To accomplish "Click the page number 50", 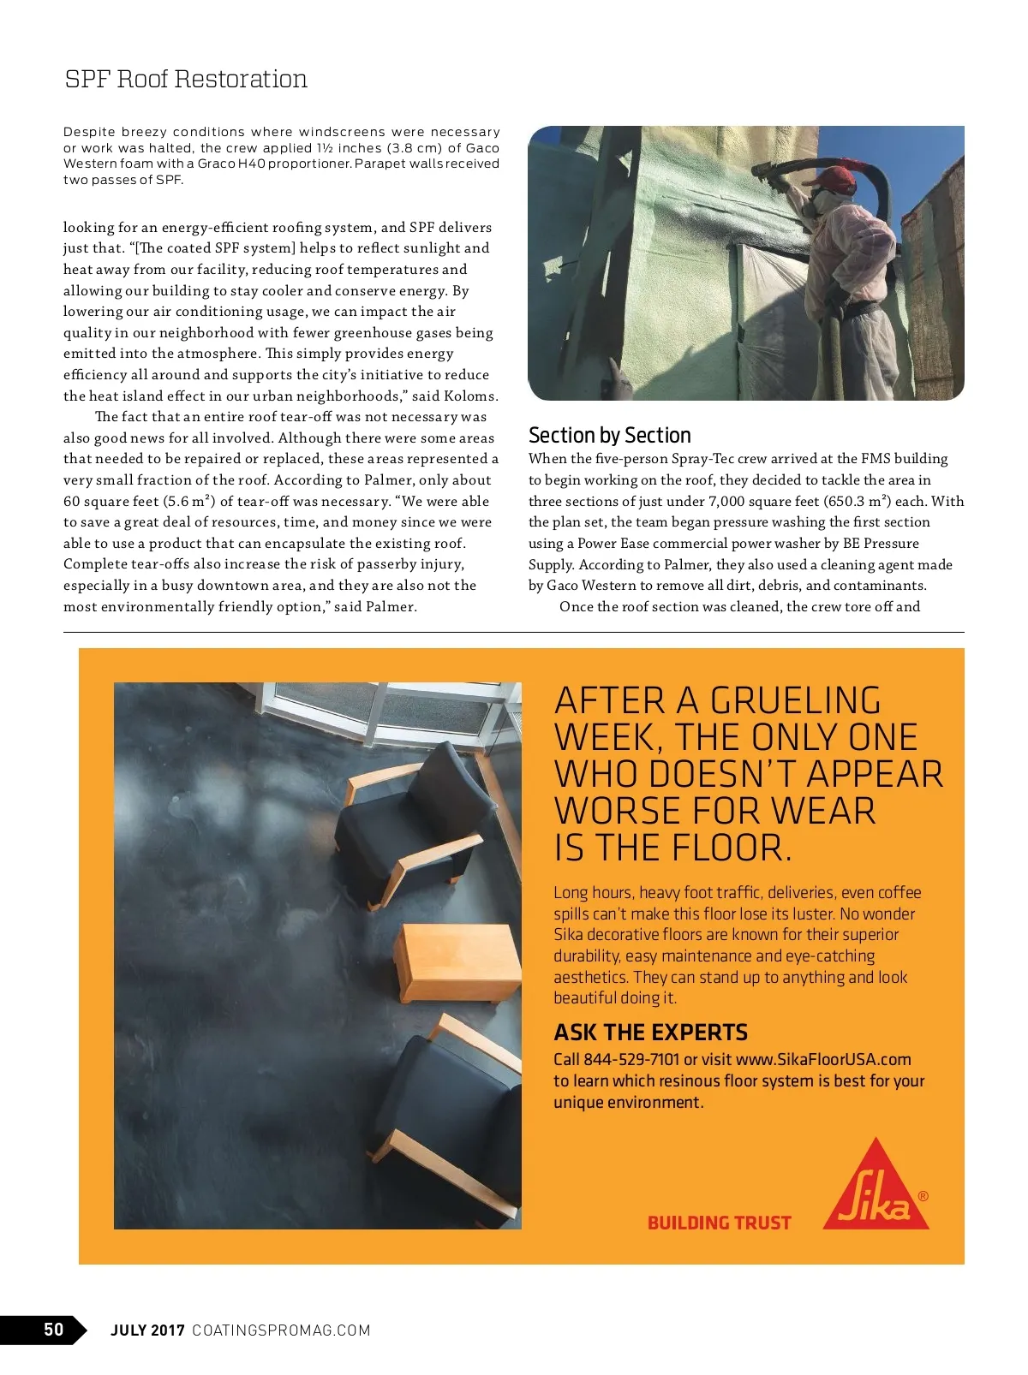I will pyautogui.click(x=53, y=1329).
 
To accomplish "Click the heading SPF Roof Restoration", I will pyautogui.click(x=186, y=80).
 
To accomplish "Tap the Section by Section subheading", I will pyautogui.click(x=609, y=435).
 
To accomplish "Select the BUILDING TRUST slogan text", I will pyautogui.click(x=719, y=1223).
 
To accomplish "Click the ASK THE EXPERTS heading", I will pyautogui.click(x=650, y=1032).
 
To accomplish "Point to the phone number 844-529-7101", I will pyautogui.click(x=631, y=1059).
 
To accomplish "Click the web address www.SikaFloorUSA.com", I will pyautogui.click(x=823, y=1059).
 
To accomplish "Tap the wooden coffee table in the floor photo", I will pyautogui.click(x=458, y=961).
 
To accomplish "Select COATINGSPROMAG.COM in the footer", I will pyautogui.click(x=281, y=1330).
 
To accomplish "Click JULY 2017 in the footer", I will pyautogui.click(x=147, y=1330).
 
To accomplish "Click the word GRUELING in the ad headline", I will pyautogui.click(x=795, y=701).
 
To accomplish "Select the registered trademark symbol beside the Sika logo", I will pyautogui.click(x=923, y=1196).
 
